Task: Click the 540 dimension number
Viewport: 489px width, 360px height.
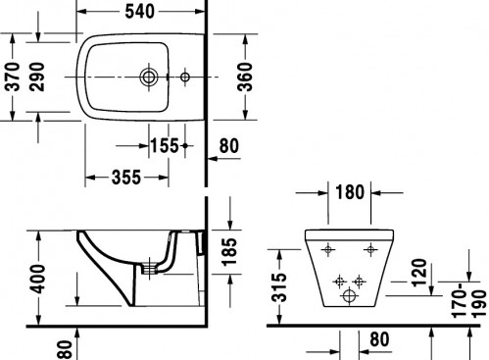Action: point(139,12)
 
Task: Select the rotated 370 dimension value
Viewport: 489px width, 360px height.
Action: point(14,77)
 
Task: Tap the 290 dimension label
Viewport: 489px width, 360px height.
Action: point(36,77)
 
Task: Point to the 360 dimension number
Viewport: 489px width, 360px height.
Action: point(245,77)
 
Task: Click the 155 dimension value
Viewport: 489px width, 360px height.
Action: point(165,145)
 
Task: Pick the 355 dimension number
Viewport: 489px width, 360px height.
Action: point(126,178)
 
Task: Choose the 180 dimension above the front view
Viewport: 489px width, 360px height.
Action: point(350,192)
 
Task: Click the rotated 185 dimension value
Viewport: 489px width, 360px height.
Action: point(228,252)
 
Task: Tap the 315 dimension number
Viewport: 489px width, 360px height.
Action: point(279,287)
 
